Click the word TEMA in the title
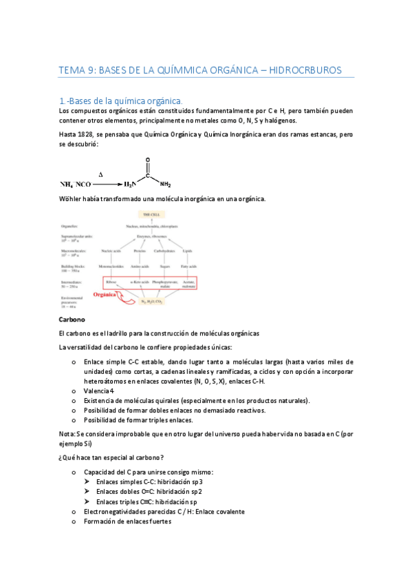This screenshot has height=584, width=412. pyautogui.click(x=70, y=70)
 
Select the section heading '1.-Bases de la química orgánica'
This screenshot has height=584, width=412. pyautogui.click(x=130, y=101)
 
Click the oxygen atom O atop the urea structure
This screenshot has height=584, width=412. pyautogui.click(x=148, y=160)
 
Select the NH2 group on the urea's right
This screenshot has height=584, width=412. pyautogui.click(x=165, y=185)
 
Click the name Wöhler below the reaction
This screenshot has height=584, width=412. pyautogui.click(x=72, y=199)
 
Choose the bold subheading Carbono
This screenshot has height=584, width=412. pyautogui.click(x=72, y=320)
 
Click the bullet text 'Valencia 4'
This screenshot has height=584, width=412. pyautogui.click(x=99, y=390)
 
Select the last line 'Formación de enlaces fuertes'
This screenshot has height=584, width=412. pyautogui.click(x=127, y=521)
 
